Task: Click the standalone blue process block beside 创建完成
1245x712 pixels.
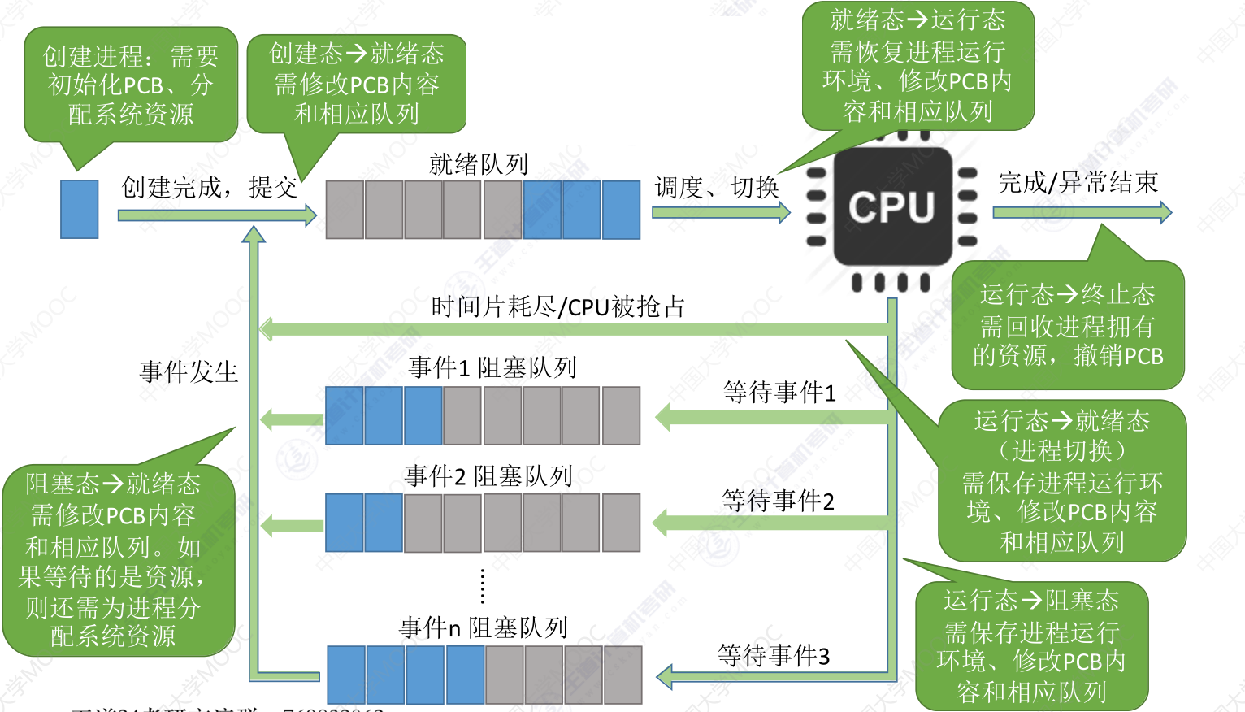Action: [80, 209]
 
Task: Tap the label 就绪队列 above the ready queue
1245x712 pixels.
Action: [479, 164]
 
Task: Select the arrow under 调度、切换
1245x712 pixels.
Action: [720, 213]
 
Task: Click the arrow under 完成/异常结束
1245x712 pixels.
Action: [1082, 213]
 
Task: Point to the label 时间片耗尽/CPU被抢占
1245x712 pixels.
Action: [557, 307]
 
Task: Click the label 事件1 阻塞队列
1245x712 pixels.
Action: [492, 367]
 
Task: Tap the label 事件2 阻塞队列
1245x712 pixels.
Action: [488, 475]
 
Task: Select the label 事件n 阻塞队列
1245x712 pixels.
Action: [483, 627]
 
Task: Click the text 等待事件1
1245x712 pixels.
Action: [779, 393]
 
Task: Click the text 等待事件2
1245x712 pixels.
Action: [778, 501]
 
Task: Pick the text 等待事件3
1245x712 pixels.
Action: [774, 655]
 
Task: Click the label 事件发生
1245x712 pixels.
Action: [189, 372]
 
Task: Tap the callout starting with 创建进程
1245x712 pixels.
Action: [131, 85]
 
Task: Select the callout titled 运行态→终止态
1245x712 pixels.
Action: [1067, 325]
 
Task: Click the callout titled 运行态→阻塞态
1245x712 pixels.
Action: [1031, 646]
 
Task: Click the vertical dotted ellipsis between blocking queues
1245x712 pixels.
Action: [483, 586]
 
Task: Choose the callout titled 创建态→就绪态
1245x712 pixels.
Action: [356, 84]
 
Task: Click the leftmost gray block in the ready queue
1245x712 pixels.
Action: [345, 210]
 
